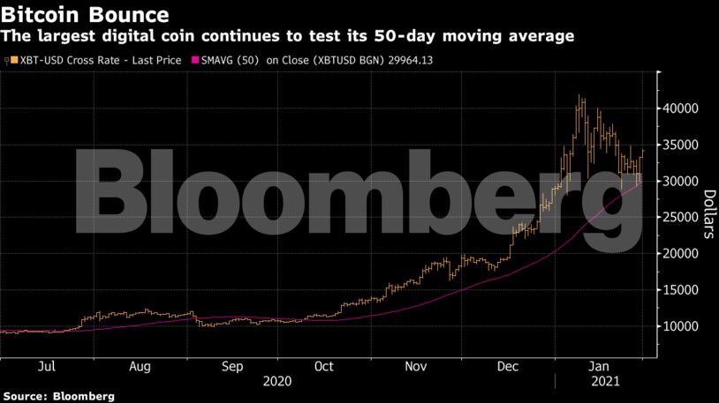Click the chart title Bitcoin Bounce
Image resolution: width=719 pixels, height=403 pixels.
(x=86, y=15)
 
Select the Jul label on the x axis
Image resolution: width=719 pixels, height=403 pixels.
(x=49, y=366)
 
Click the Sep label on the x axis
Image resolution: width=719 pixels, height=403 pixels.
(x=232, y=366)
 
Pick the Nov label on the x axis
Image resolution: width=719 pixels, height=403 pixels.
(x=415, y=366)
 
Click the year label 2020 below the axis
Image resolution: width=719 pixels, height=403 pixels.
(x=277, y=382)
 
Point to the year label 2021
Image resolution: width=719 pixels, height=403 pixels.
(x=603, y=382)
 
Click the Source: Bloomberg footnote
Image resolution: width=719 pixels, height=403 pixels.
(x=57, y=397)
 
